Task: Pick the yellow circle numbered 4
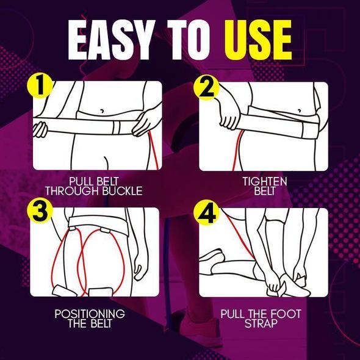coord(207,214)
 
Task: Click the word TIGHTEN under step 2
coord(264,182)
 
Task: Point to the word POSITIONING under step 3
coord(90,314)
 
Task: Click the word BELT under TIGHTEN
coord(264,191)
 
